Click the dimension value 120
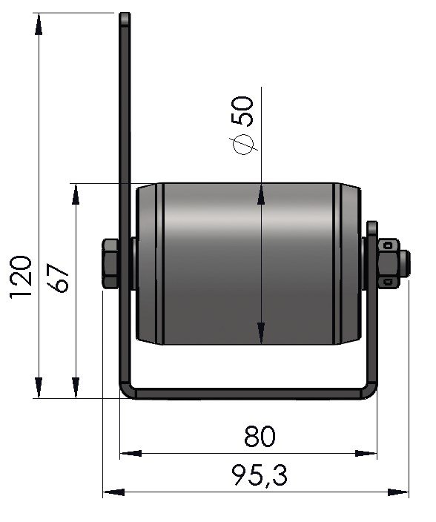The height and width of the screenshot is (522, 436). pos(21,277)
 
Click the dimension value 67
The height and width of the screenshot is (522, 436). pos(58,278)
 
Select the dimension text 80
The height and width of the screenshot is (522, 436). pos(260,437)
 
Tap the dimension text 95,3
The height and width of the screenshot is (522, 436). pos(260,475)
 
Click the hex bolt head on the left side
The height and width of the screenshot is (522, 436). pos(110,263)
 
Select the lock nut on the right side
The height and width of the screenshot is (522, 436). pos(389,262)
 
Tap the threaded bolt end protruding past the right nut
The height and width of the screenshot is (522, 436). pos(405,263)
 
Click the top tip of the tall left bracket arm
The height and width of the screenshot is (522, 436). pos(125,13)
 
